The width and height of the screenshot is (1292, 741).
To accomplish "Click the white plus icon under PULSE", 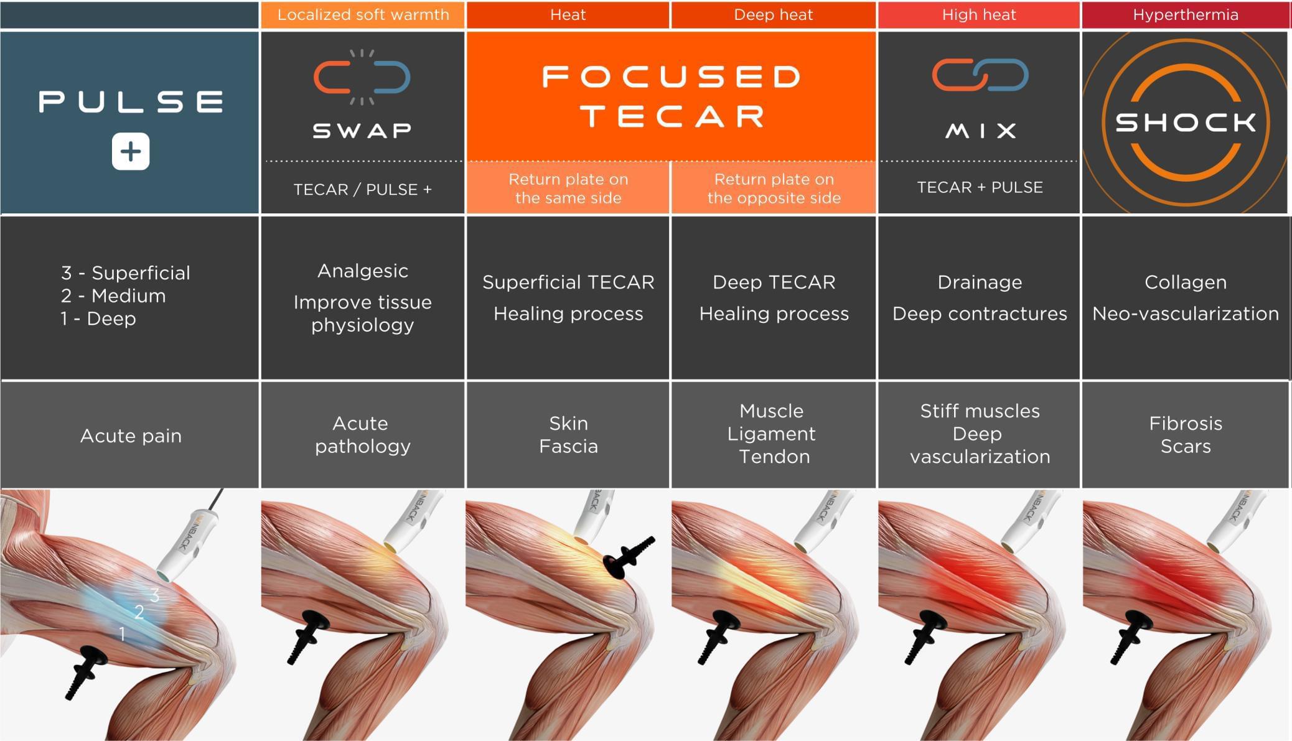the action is (131, 151).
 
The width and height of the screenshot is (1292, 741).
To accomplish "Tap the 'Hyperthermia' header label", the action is (1186, 15).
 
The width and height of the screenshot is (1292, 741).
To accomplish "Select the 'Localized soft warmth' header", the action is (363, 15).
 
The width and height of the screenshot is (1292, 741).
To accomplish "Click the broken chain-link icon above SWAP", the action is (362, 77).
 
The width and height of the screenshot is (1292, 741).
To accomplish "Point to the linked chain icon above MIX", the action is (980, 75).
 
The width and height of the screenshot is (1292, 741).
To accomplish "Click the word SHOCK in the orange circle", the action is (1186, 123).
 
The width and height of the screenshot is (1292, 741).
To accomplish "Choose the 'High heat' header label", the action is (979, 15).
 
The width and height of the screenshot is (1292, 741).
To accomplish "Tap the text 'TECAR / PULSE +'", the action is (363, 189).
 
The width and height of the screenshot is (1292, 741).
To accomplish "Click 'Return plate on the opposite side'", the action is (774, 189).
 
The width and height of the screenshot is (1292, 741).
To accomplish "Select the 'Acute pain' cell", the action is (131, 436).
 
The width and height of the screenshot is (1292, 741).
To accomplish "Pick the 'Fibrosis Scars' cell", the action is (1186, 435).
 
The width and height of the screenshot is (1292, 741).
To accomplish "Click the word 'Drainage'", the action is (980, 282).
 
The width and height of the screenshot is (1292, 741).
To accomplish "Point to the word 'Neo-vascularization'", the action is (1186, 314).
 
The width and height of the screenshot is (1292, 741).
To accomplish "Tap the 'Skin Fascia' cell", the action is (568, 435).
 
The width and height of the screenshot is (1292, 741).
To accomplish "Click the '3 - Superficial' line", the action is (126, 273).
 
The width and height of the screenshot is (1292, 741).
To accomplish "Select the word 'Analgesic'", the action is (363, 271).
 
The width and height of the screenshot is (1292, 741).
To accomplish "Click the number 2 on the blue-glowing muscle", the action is (139, 612).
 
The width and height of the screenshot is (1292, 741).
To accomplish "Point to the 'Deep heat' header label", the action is (773, 15).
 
